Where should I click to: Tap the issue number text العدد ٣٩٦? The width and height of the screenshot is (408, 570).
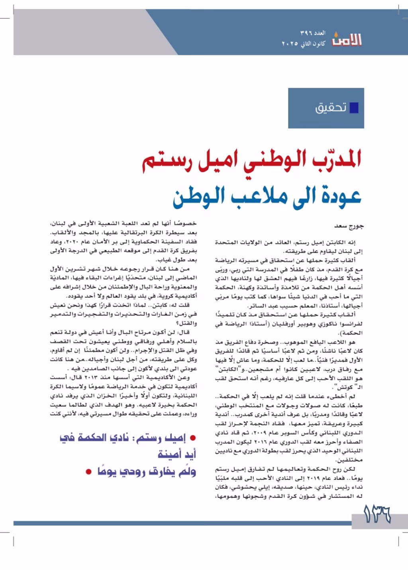[x=313, y=33]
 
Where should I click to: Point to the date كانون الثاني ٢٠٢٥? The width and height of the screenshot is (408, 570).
[x=303, y=43]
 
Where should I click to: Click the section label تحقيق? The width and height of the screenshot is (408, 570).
[x=331, y=108]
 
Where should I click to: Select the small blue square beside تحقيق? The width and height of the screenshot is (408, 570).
[x=353, y=108]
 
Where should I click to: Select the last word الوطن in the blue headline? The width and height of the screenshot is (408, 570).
[x=196, y=196]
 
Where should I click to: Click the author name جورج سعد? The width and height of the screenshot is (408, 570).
[x=349, y=226]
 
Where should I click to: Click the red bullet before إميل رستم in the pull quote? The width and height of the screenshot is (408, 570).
[x=193, y=438]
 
